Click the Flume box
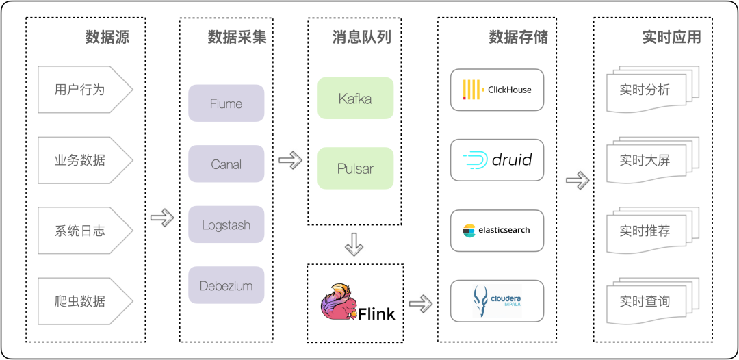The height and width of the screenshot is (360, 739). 226,103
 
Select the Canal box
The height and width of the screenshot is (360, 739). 226,164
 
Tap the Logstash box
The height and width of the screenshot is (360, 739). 226,224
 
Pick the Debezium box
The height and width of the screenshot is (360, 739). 226,285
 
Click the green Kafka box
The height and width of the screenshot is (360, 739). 355,99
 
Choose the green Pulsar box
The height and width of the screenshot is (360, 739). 355,168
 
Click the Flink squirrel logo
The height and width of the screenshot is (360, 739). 340,302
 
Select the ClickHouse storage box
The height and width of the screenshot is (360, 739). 497,90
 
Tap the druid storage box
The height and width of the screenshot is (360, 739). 497,160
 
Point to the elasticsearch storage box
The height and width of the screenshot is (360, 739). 497,230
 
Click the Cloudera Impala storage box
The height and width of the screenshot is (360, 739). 497,300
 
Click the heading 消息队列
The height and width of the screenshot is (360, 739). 361,37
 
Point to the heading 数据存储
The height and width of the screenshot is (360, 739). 518,37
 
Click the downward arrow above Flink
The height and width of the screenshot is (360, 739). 354,244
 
